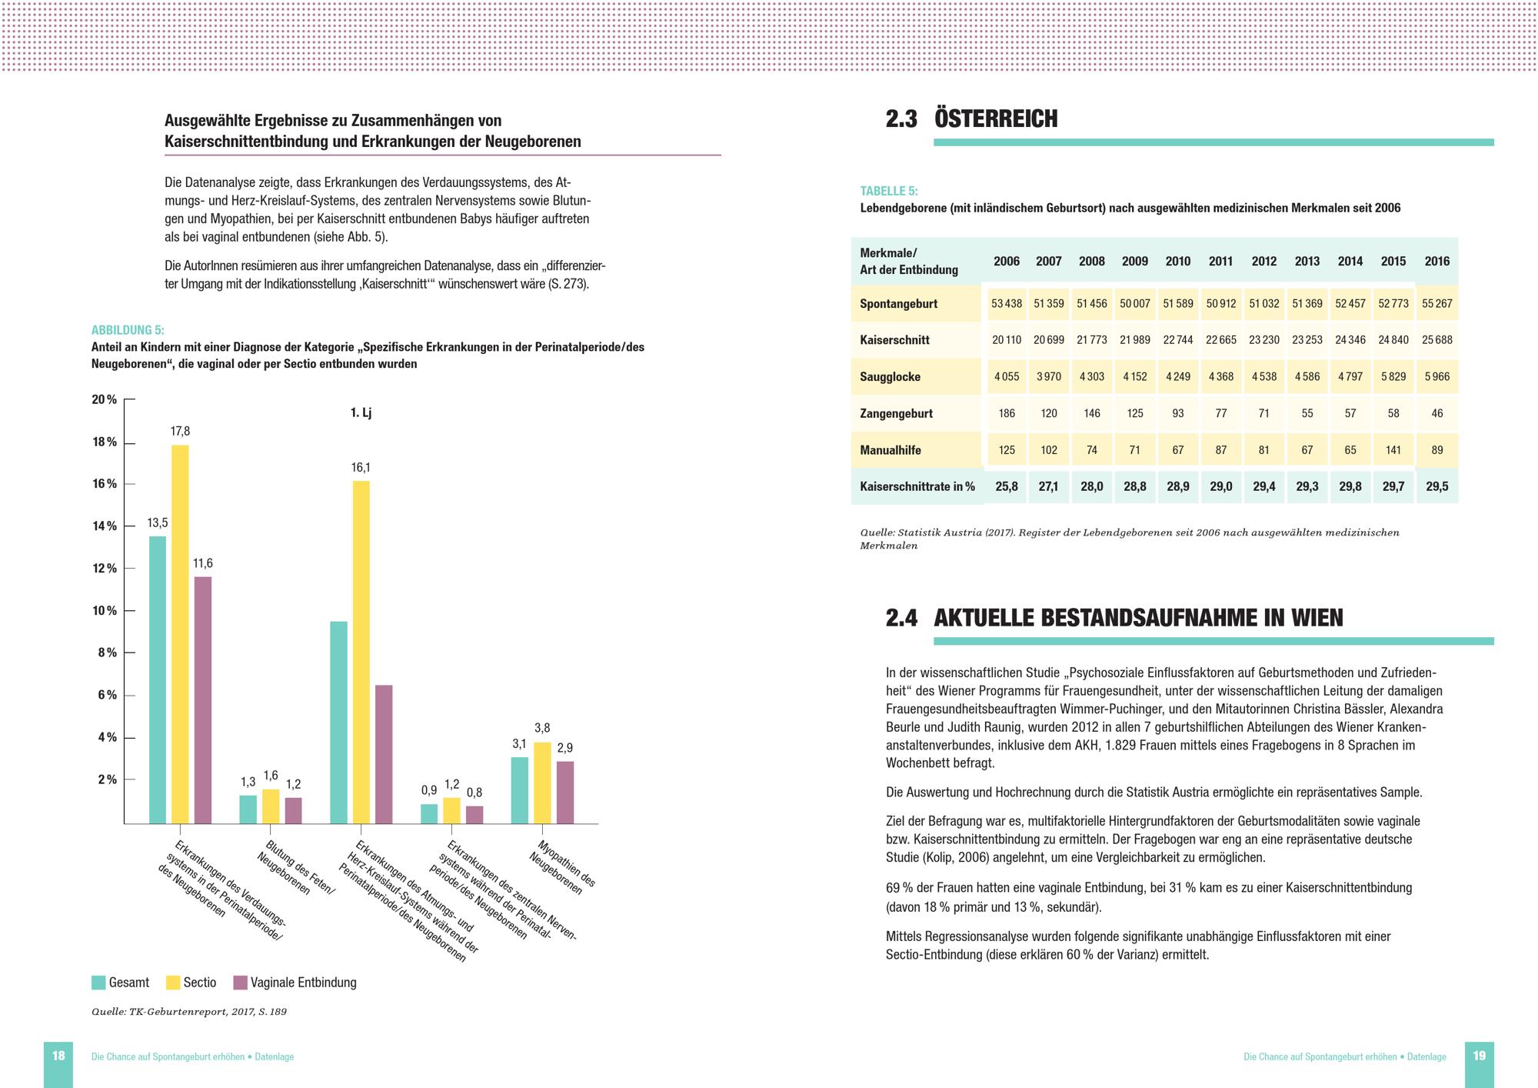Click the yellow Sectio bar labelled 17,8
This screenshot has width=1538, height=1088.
pyautogui.click(x=180, y=634)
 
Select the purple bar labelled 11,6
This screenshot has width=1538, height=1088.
pyautogui.click(x=202, y=699)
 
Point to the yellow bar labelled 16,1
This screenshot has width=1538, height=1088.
pyautogui.click(x=361, y=652)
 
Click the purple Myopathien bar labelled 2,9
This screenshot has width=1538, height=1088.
pyautogui.click(x=564, y=792)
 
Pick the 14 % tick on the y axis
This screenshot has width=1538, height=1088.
pyautogui.click(x=105, y=526)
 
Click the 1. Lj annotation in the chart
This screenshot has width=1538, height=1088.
pyautogui.click(x=361, y=413)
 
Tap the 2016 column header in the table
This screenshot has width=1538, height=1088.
pyautogui.click(x=1436, y=261)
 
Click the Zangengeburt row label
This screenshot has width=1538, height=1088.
pyautogui.click(x=896, y=413)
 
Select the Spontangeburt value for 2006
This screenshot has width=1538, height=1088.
pyautogui.click(x=1006, y=303)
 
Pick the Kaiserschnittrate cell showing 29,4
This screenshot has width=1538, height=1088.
pyautogui.click(x=1263, y=486)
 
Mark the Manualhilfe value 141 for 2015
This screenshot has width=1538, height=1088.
pyautogui.click(x=1393, y=450)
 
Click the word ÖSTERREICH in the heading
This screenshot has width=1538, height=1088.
pyautogui.click(x=996, y=119)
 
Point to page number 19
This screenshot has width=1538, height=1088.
pyautogui.click(x=1479, y=1056)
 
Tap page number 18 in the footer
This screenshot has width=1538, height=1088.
pyautogui.click(x=58, y=1056)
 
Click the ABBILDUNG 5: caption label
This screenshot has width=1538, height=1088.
pyautogui.click(x=128, y=330)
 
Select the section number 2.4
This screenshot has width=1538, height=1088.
pyautogui.click(x=901, y=618)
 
